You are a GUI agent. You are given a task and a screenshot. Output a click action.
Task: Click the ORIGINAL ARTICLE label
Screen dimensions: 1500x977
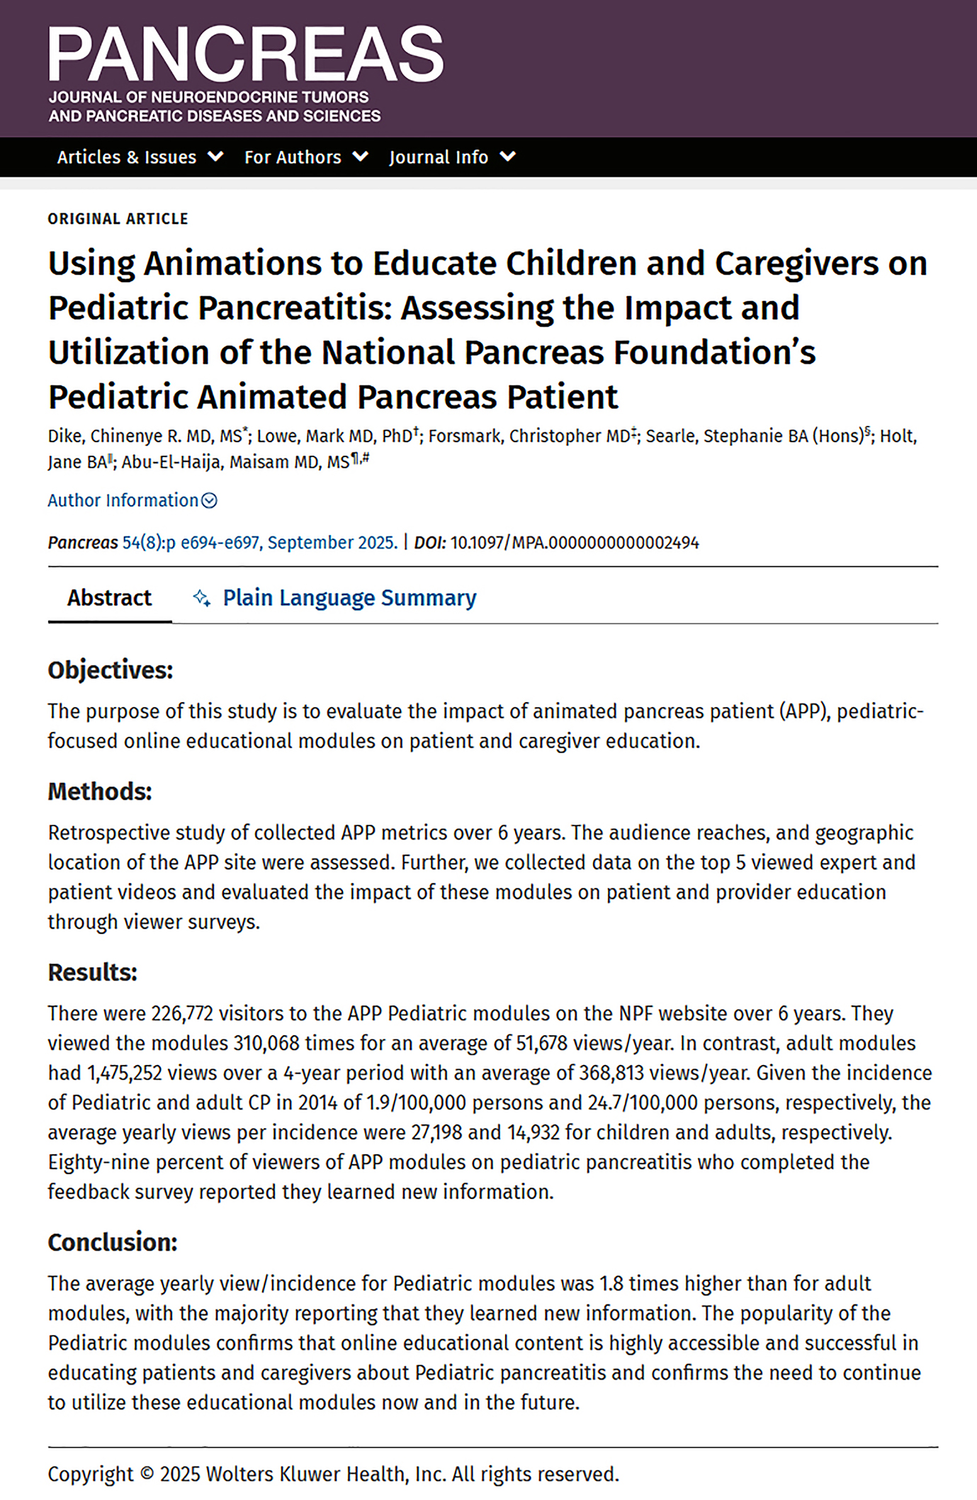click(118, 219)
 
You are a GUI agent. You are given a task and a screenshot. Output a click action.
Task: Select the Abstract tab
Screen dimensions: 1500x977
click(109, 598)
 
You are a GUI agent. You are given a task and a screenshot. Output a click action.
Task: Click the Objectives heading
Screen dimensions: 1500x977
click(110, 670)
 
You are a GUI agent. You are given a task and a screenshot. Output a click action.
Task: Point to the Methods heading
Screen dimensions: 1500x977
click(100, 791)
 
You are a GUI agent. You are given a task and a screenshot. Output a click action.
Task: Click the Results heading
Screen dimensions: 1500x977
click(92, 972)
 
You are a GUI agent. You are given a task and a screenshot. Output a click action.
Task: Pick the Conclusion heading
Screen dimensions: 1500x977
click(113, 1242)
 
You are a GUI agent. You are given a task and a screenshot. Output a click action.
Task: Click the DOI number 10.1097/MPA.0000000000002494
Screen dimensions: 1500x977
click(575, 543)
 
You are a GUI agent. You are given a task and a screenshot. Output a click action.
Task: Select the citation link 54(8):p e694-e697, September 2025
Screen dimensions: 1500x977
click(260, 543)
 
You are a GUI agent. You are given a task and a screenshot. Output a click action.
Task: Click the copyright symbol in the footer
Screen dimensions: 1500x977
click(147, 1474)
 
